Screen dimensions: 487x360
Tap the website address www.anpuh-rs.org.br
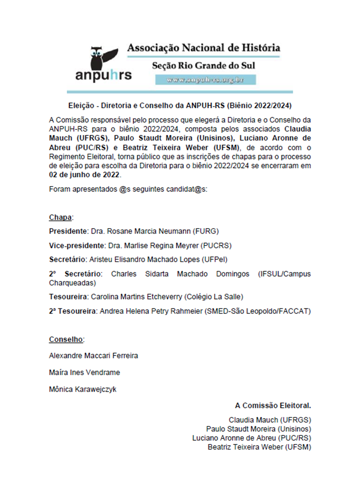point(205,79)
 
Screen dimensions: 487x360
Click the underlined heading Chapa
point(61,217)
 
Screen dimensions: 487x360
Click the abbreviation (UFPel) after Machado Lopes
point(215,259)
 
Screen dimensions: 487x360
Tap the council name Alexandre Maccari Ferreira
point(93,356)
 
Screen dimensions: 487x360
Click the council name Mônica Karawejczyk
point(83,389)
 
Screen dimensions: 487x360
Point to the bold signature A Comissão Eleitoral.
point(273,405)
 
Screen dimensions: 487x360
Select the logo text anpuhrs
point(103,76)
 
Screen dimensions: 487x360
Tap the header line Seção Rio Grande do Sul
point(203,66)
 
